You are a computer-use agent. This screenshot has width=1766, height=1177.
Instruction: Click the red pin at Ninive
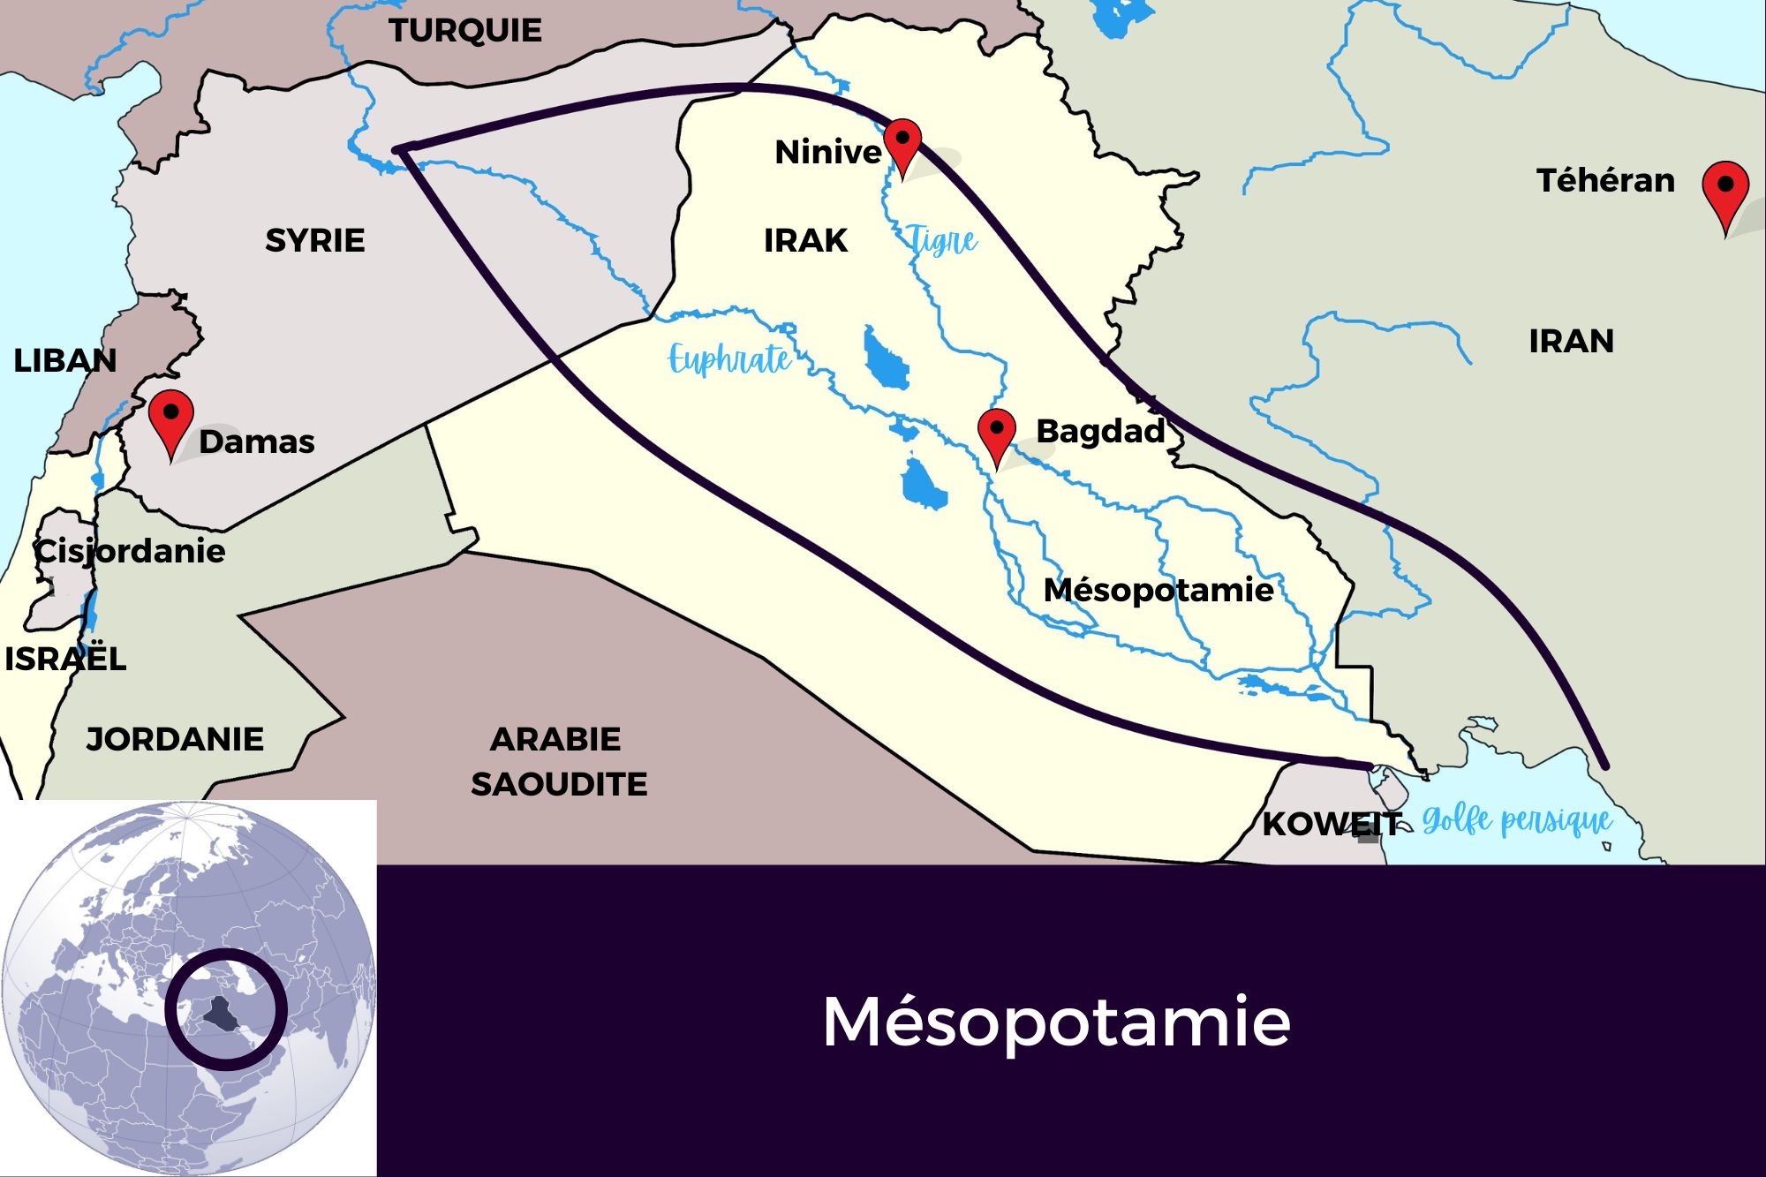[x=902, y=142]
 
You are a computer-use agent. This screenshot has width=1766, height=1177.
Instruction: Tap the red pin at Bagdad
[x=997, y=432]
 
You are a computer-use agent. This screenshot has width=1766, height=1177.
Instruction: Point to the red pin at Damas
[x=170, y=416]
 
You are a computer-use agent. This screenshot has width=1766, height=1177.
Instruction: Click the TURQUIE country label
[x=465, y=31]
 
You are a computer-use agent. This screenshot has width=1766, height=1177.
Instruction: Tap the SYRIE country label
[x=314, y=240]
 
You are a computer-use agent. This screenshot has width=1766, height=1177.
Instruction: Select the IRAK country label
[x=805, y=240]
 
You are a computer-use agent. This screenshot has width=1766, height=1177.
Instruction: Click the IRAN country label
[x=1571, y=341]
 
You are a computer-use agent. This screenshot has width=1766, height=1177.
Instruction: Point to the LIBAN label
[x=64, y=360]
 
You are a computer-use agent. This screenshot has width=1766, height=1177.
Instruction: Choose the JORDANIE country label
[x=175, y=739]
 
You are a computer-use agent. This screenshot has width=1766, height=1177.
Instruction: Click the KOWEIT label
[x=1331, y=824]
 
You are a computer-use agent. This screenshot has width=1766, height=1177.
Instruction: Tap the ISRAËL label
[x=65, y=659]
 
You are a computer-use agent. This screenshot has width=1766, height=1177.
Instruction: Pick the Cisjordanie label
[x=130, y=551]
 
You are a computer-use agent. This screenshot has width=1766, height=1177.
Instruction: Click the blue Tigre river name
[x=942, y=239]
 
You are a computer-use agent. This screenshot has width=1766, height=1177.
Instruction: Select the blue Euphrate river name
[x=729, y=358]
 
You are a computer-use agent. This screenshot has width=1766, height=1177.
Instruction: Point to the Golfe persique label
[x=1517, y=821]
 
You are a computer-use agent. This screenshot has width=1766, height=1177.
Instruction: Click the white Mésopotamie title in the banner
[x=1056, y=1022]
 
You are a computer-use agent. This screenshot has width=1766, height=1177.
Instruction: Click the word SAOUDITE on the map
[x=559, y=784]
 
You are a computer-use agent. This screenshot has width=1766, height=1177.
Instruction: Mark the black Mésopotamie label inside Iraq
[x=1158, y=590]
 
